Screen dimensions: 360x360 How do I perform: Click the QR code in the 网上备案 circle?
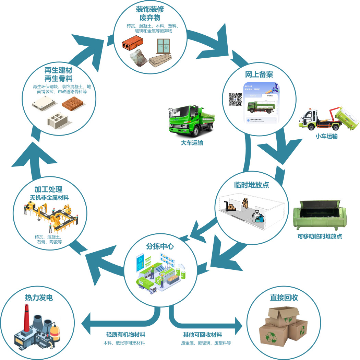(235, 99)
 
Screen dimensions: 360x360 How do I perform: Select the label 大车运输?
(192, 143)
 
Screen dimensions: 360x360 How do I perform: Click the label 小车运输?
(326, 136)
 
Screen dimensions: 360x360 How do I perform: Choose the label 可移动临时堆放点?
(320, 236)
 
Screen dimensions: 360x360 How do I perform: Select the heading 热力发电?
(39, 298)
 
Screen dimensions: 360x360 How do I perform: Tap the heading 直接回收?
(284, 298)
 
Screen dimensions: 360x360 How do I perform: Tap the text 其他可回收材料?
(202, 335)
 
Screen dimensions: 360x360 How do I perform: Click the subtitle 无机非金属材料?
(49, 198)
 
